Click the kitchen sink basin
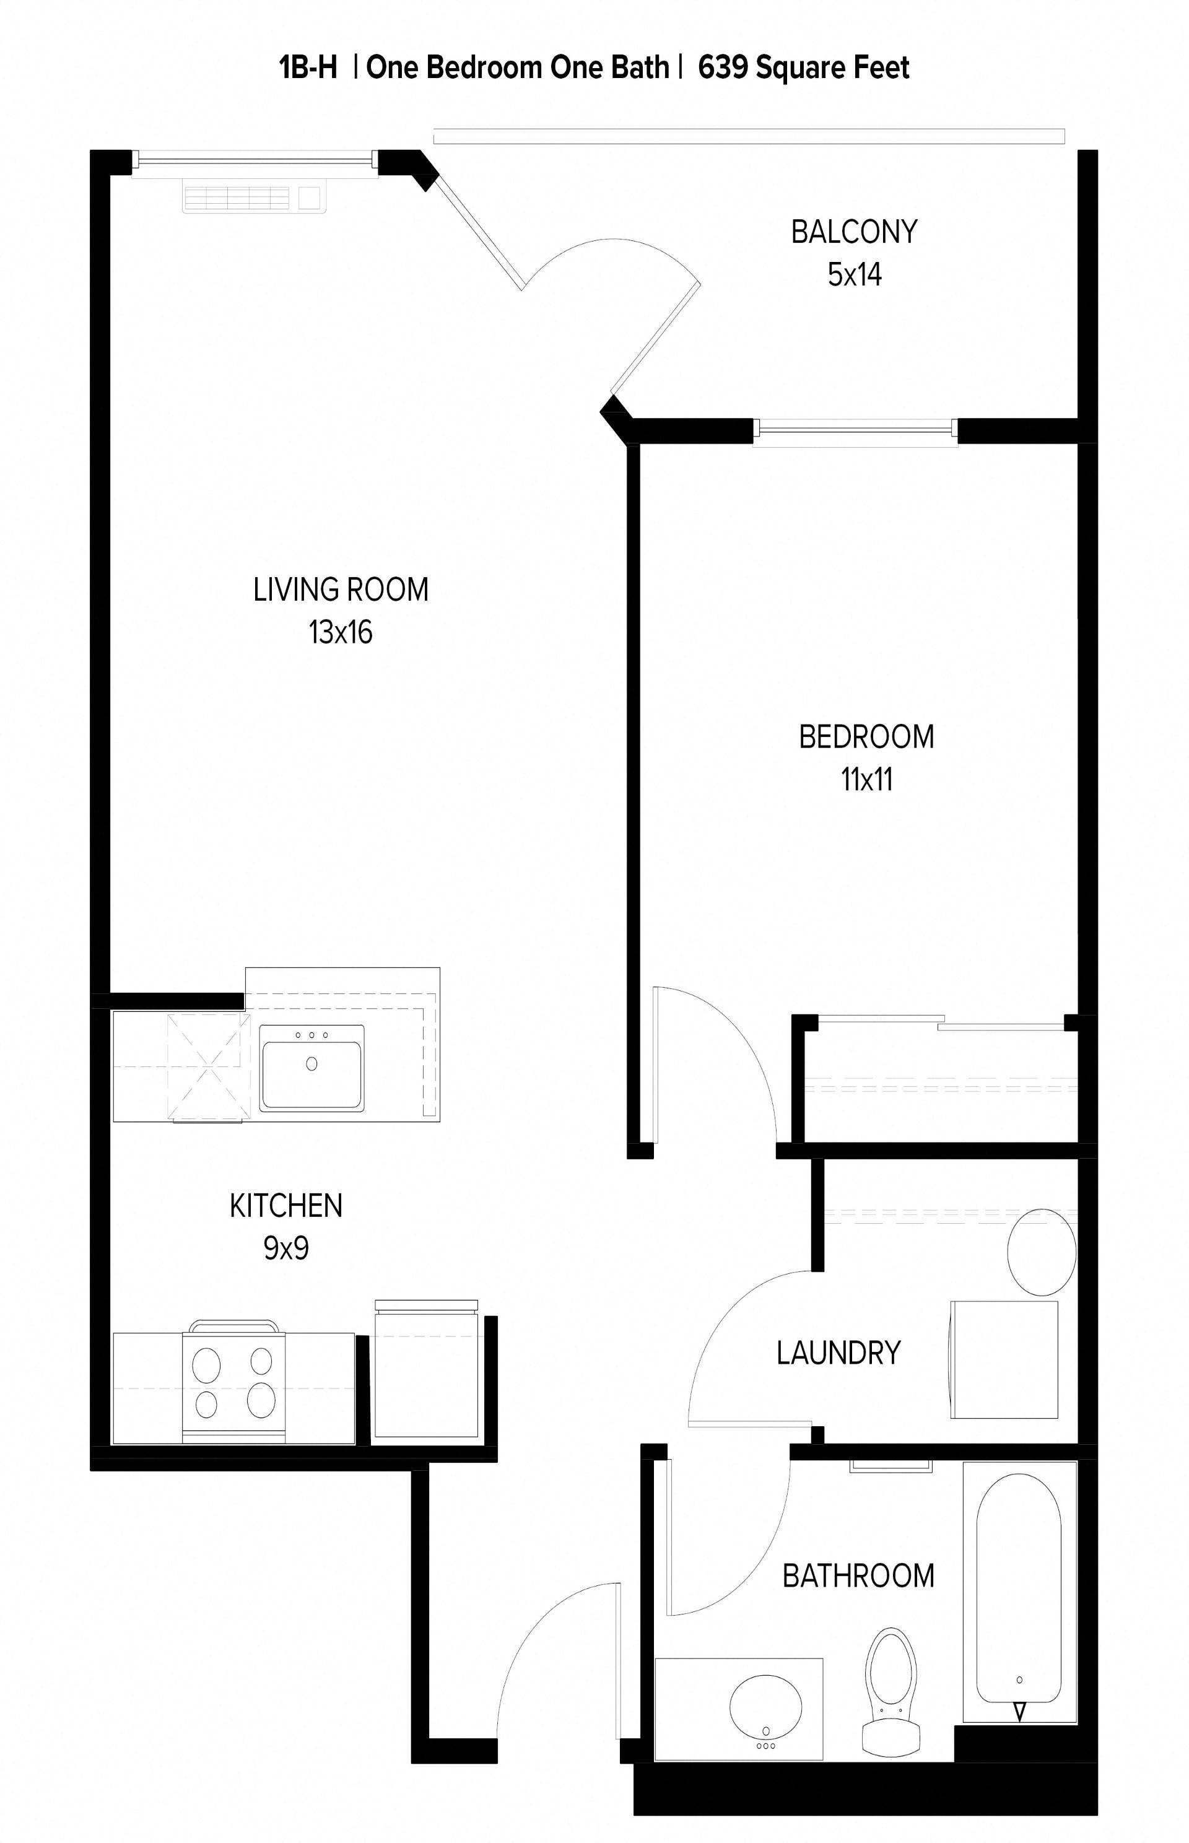(311, 1069)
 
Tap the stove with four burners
(234, 1386)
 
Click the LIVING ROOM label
(341, 590)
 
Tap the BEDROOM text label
(866, 738)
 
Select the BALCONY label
(854, 232)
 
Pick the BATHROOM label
(858, 1576)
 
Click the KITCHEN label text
(285, 1206)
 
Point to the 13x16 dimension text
(341, 632)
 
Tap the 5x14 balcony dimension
(854, 275)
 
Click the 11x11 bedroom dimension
(866, 780)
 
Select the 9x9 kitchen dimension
(285, 1248)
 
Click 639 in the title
(723, 68)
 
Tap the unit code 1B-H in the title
(308, 68)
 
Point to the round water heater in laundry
(1042, 1252)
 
